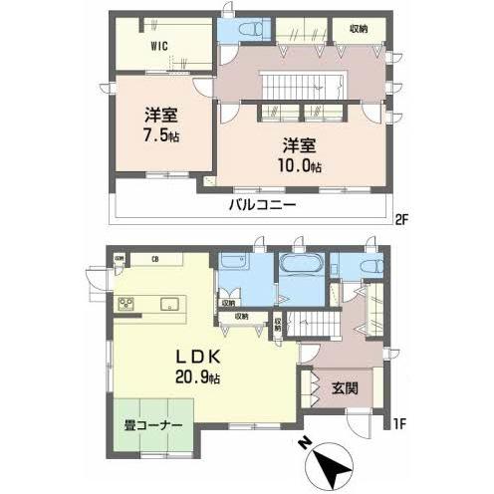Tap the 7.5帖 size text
pyautogui.click(x=159, y=133)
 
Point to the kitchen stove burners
pyautogui.click(x=126, y=305)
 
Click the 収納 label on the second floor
pyautogui.click(x=359, y=29)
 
